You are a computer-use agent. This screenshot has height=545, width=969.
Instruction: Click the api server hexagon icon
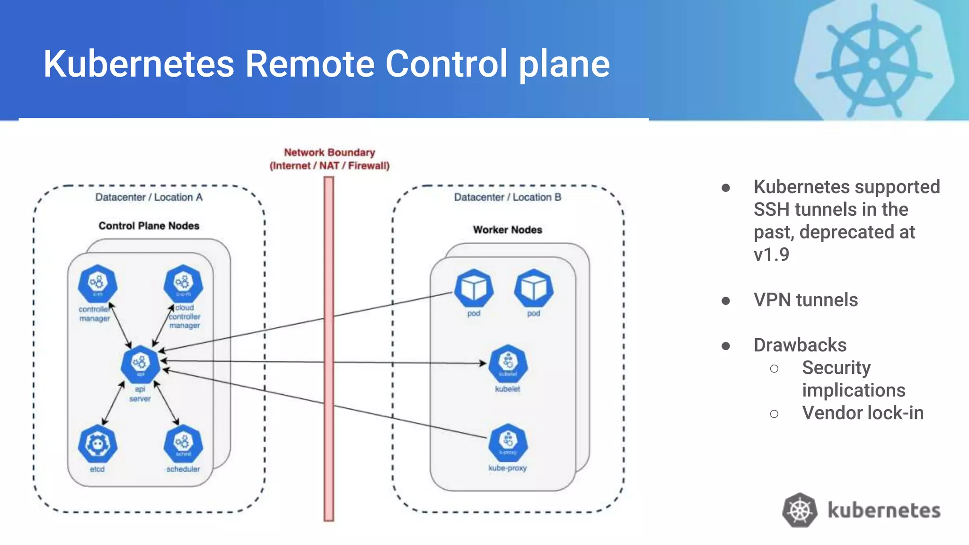click(141, 363)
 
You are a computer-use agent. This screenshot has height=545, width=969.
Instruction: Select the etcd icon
click(97, 444)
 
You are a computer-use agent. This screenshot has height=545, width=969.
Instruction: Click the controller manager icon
click(97, 283)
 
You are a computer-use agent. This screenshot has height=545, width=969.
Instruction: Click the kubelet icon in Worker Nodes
click(508, 363)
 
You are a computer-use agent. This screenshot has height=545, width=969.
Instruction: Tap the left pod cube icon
click(474, 288)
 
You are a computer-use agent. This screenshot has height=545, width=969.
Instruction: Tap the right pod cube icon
click(534, 288)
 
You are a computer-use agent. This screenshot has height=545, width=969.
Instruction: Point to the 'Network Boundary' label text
click(329, 152)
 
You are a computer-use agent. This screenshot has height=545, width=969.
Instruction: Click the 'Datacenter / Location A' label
click(149, 197)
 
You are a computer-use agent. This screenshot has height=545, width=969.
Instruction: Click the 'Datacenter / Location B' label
click(508, 197)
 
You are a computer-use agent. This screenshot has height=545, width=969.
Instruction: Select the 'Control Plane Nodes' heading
click(149, 226)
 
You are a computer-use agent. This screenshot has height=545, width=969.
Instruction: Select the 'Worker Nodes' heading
click(508, 229)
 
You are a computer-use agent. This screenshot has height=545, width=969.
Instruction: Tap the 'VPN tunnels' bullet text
click(805, 300)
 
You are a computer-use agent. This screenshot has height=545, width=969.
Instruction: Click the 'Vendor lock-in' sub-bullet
click(863, 413)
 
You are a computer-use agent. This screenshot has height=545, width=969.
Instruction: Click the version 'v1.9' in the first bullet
click(771, 255)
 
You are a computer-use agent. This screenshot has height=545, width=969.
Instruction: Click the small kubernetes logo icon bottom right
click(800, 510)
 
